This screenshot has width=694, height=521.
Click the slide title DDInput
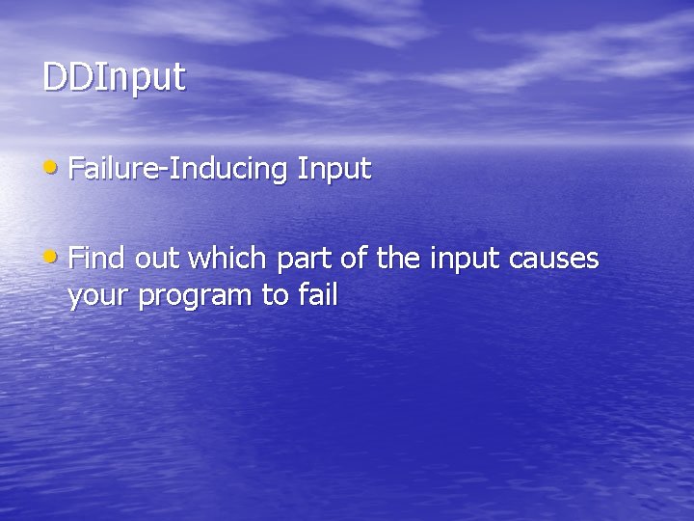pos(114,78)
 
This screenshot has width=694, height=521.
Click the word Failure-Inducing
pos(179,169)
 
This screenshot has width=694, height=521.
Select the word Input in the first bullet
pos(334,169)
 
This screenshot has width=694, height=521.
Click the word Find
pos(97,259)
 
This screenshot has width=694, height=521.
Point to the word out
pos(157,259)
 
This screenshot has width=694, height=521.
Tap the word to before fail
pos(273,295)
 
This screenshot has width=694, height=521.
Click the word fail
pos(317,294)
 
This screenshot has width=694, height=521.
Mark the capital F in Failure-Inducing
pos(76,169)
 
